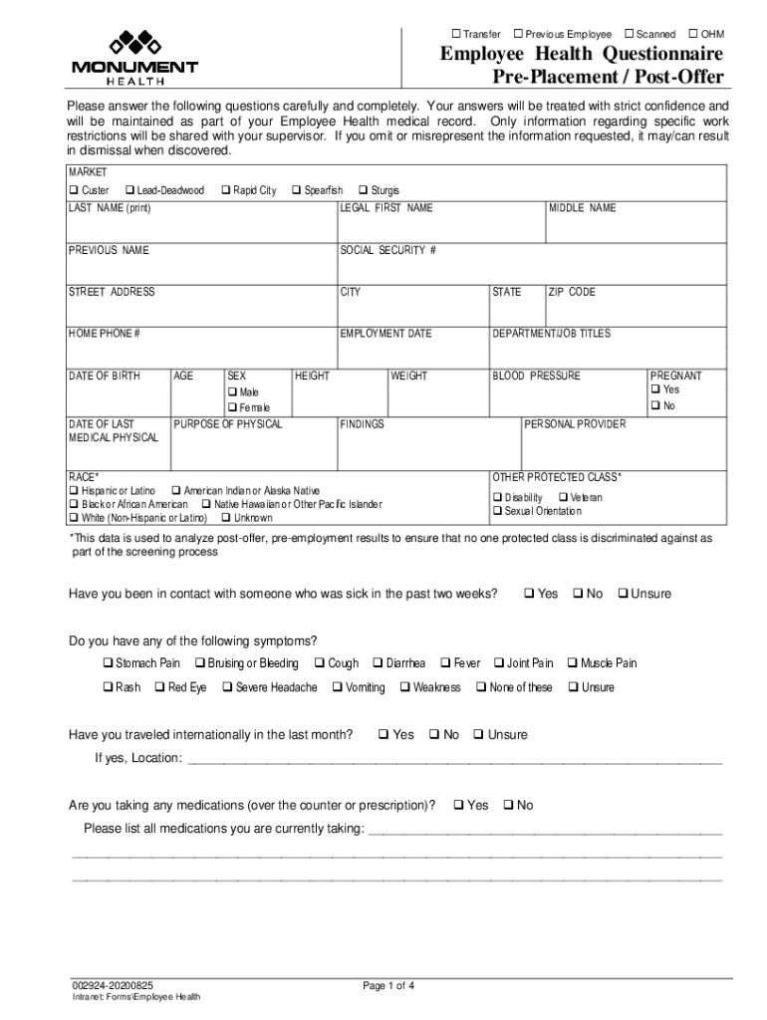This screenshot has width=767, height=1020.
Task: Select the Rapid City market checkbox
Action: [x=225, y=190]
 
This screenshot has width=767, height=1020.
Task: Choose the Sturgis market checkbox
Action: [x=363, y=190]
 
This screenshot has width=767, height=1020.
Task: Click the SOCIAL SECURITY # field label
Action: [x=387, y=250]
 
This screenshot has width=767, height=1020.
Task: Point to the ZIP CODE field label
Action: [x=572, y=292]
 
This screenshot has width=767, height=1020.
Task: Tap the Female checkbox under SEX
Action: [x=232, y=407]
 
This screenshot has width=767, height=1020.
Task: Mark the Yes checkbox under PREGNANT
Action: [x=655, y=389]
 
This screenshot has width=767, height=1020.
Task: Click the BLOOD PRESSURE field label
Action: [x=536, y=376]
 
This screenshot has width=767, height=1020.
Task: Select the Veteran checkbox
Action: [x=563, y=497]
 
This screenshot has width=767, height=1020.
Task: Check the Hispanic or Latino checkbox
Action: [x=74, y=491]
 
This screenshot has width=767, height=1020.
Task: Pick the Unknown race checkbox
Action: [x=225, y=518]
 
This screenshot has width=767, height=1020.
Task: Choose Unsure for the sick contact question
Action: [x=623, y=594]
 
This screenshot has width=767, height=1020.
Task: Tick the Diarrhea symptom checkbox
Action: [x=378, y=663]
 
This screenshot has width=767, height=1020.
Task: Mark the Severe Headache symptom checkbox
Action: [x=227, y=687]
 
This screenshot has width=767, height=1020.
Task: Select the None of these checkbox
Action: [x=481, y=687]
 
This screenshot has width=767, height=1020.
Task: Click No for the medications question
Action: [x=509, y=805]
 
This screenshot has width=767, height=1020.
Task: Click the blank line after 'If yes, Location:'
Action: [x=454, y=759]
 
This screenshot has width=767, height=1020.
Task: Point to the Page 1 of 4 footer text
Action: [x=388, y=986]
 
